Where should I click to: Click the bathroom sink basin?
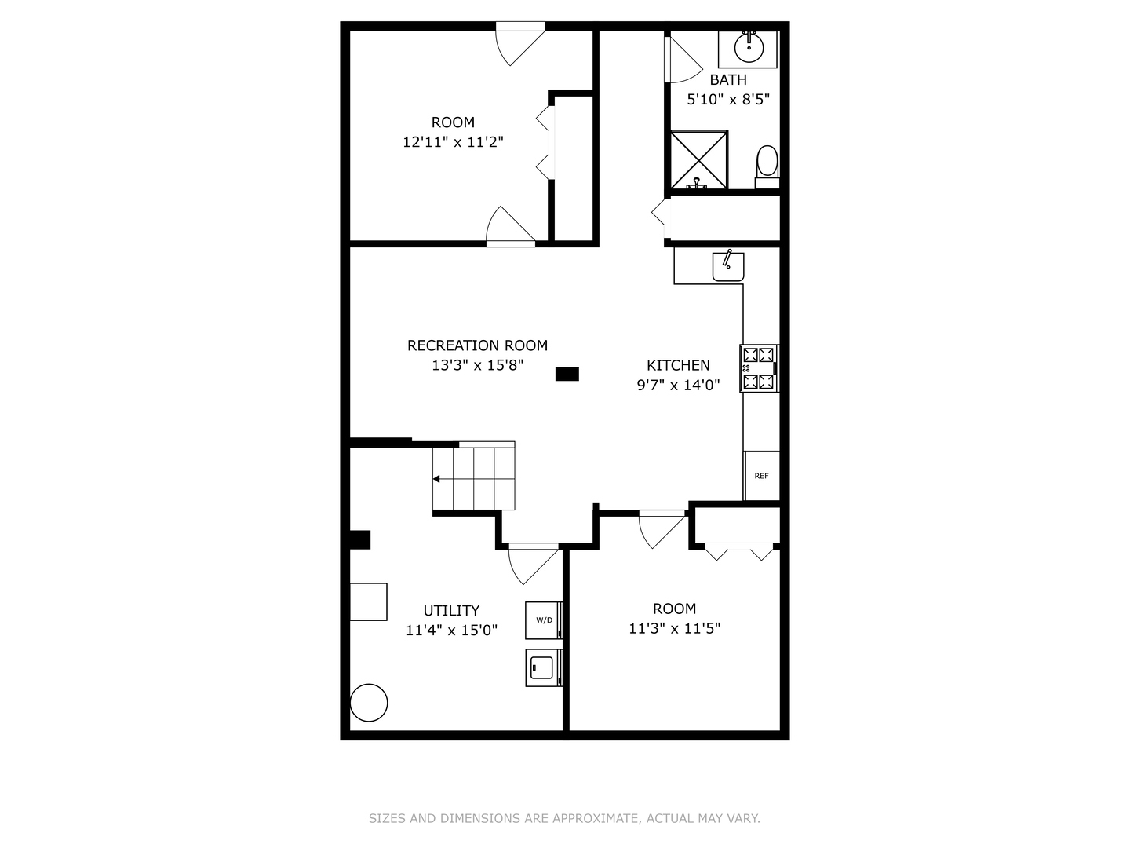749,47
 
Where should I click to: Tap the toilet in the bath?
767,164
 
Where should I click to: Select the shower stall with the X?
698,160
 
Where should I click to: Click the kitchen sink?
727,266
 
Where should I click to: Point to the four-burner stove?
760,368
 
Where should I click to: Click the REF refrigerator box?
761,476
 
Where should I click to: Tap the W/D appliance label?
544,620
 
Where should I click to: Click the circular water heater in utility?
368,703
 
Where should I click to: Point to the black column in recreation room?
567,374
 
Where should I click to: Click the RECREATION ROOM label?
477,345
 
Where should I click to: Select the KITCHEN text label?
678,365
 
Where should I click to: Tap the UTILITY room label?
451,610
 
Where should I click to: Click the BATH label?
728,79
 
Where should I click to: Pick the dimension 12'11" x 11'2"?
453,142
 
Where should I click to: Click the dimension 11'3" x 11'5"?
674,628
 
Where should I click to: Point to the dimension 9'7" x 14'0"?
678,385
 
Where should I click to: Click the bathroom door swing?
680,60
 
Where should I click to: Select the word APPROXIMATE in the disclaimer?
595,818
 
